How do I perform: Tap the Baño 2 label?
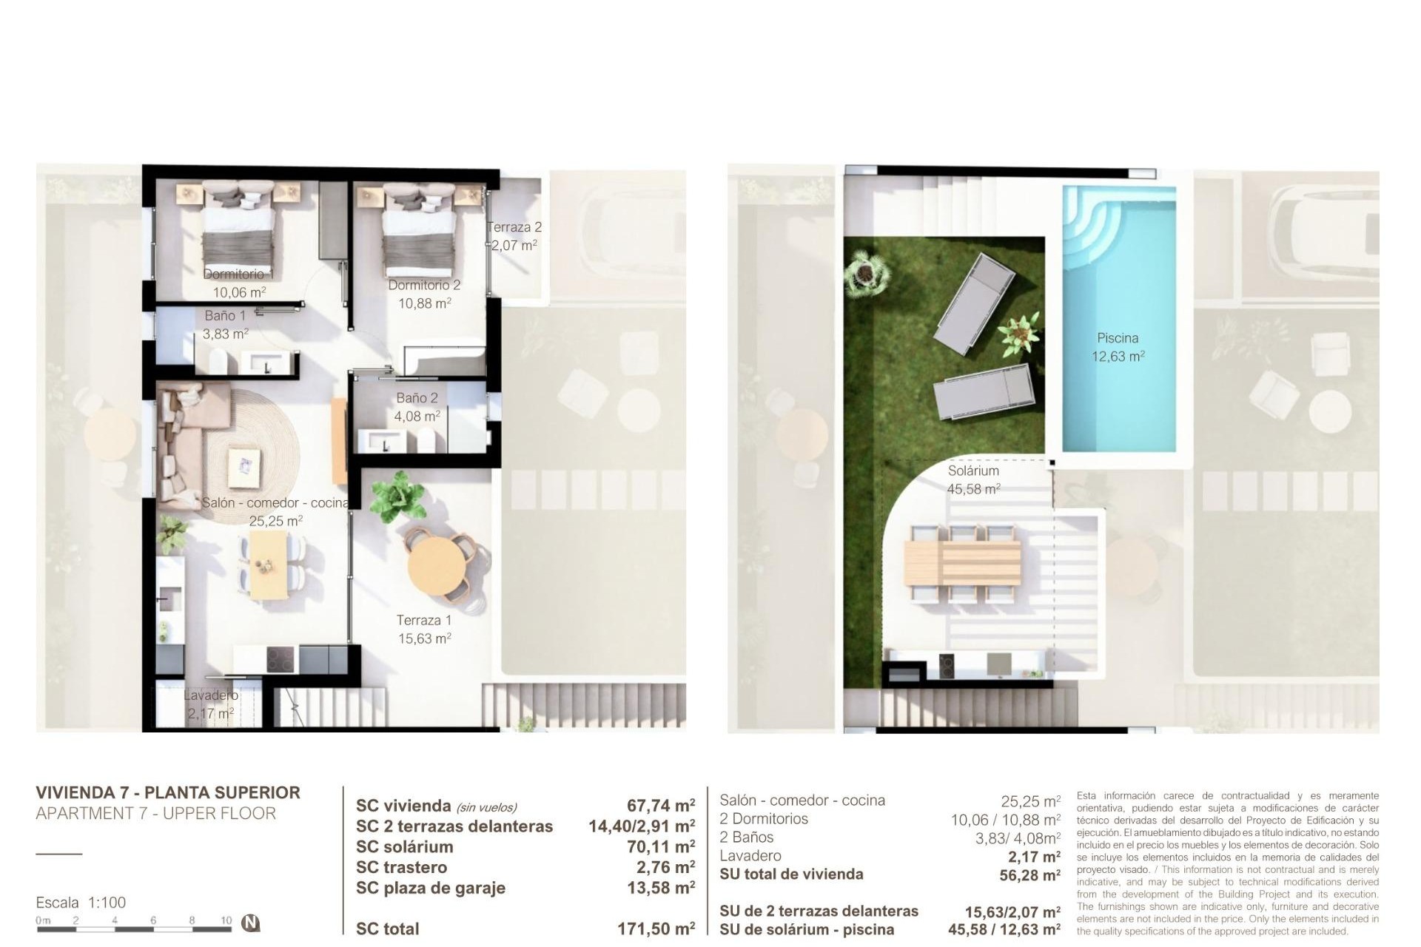(x=417, y=398)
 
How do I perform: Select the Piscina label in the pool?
(x=1118, y=338)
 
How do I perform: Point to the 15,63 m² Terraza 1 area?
(x=424, y=638)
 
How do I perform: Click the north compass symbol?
(x=252, y=923)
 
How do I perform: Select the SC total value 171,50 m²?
(x=656, y=929)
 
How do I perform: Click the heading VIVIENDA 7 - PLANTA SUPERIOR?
(x=168, y=792)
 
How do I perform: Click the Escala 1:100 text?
(x=81, y=903)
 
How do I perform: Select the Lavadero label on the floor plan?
(x=211, y=695)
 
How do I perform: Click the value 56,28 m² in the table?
(x=1029, y=875)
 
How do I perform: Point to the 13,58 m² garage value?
(x=660, y=888)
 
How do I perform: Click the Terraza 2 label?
(x=514, y=227)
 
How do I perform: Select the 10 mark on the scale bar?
(x=226, y=921)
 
